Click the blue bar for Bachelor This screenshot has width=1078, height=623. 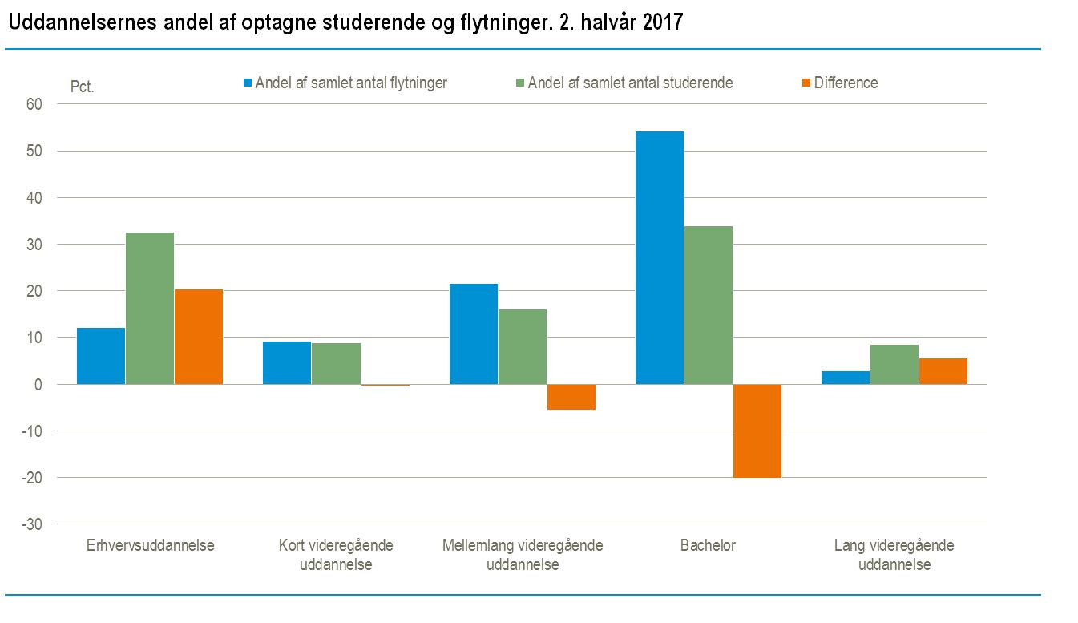click(659, 257)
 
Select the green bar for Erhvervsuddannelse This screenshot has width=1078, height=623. click(149, 308)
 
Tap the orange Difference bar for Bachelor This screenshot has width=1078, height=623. click(757, 431)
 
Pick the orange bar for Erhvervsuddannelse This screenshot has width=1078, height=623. click(198, 337)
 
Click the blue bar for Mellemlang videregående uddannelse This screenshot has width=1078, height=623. click(473, 334)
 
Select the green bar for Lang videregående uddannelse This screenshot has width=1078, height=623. click(894, 364)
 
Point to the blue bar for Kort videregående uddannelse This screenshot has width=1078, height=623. click(287, 362)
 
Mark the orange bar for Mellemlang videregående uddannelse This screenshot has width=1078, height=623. click(571, 397)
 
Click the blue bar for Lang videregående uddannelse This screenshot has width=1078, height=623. click(845, 378)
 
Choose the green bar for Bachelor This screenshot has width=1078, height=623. click(708, 305)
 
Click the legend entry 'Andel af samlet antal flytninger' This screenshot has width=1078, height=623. click(351, 83)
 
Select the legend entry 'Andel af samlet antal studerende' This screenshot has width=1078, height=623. click(630, 83)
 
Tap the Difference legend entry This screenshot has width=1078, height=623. click(846, 83)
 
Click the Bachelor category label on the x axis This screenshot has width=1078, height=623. click(708, 546)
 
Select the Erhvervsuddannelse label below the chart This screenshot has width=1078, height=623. click(150, 546)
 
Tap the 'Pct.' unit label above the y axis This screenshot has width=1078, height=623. click(83, 87)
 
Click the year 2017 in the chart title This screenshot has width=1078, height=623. click(662, 22)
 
